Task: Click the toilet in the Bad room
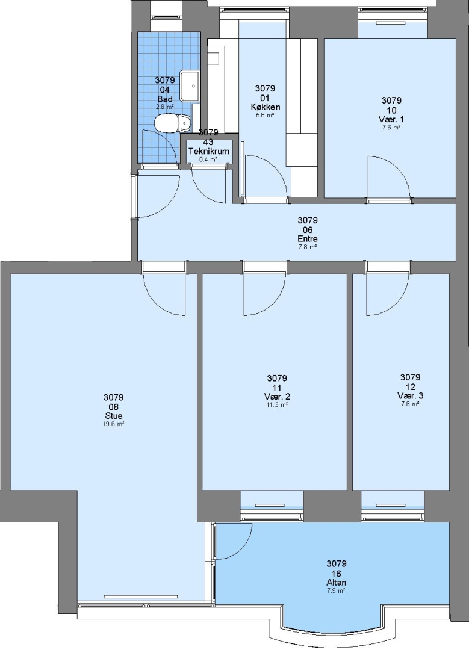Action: tap(172, 123)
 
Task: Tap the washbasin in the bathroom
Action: tap(191, 86)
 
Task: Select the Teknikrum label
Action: tap(208, 151)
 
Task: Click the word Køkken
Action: tap(265, 107)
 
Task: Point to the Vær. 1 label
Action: tap(391, 119)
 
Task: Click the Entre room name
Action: tap(307, 239)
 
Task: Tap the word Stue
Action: tap(114, 416)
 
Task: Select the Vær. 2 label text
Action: tap(276, 396)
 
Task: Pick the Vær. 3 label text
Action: tap(410, 395)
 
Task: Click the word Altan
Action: tap(336, 582)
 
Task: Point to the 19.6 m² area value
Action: tap(114, 424)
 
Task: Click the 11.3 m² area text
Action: tap(276, 404)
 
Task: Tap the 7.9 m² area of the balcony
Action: tap(336, 590)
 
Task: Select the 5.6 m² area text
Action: tap(265, 115)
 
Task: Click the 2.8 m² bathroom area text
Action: tap(164, 107)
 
